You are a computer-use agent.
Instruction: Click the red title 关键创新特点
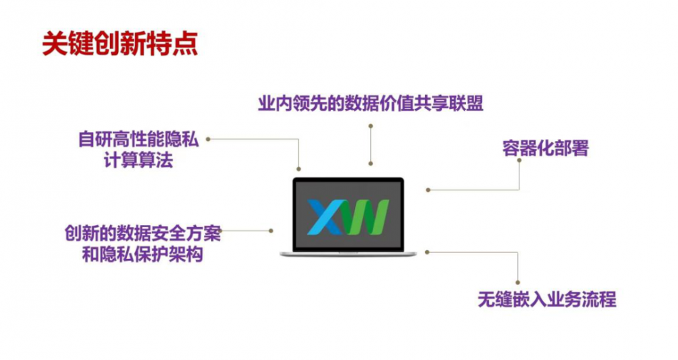(120, 43)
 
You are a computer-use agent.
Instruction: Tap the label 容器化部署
(545, 148)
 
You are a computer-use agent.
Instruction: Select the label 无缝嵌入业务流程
(547, 300)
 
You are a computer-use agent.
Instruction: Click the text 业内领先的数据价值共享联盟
(371, 103)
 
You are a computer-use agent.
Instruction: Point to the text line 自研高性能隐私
(138, 140)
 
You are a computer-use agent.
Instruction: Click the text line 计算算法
(138, 160)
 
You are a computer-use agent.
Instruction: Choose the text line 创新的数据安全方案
(142, 233)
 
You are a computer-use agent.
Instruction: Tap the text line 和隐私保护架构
(142, 254)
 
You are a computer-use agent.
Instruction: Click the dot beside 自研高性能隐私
(208, 139)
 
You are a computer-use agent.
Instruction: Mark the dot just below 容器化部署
(519, 160)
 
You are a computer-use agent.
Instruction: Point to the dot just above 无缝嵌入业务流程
(517, 283)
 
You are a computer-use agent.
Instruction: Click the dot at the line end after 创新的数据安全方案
(271, 231)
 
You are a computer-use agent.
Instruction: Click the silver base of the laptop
(348, 254)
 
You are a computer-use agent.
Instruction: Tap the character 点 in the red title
(185, 43)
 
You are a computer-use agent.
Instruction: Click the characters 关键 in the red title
(68, 43)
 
